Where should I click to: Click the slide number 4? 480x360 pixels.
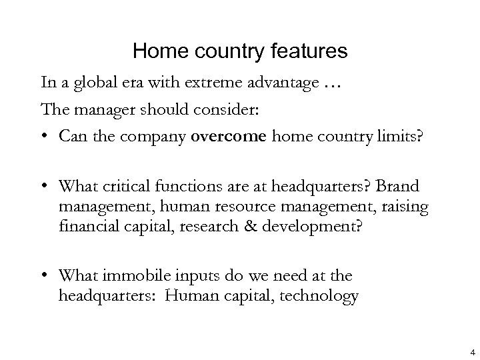click(471, 352)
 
